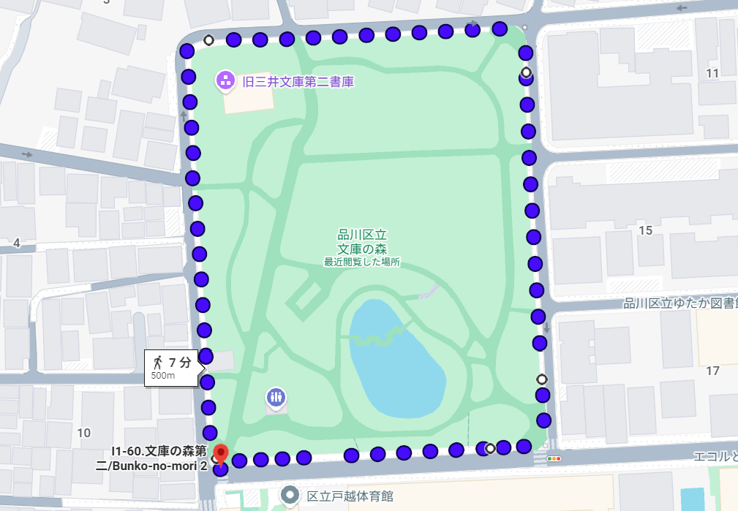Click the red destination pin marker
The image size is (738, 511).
click(x=220, y=455)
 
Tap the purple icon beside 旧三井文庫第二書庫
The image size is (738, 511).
click(x=225, y=81)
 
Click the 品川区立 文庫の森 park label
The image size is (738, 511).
click(x=361, y=242)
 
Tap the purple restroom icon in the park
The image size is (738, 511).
click(x=276, y=398)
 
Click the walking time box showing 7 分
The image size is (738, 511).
click(x=173, y=366)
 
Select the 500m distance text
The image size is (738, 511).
click(x=163, y=376)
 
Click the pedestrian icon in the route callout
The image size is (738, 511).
click(x=158, y=362)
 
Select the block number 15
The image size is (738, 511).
click(x=645, y=231)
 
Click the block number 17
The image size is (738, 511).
click(x=713, y=371)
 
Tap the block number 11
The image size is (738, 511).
click(x=712, y=73)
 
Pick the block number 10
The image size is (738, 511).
click(x=84, y=432)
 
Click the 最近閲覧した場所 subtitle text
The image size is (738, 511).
click(x=362, y=262)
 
